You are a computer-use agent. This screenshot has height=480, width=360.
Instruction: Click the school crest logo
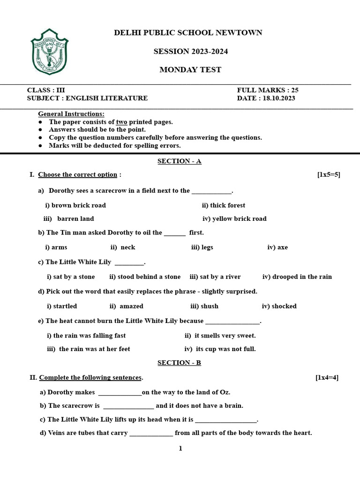50,51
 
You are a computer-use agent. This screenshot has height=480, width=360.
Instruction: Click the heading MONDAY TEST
190,70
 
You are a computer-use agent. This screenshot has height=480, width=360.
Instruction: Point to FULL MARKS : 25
268,90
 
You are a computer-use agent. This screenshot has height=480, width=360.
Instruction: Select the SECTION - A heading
179,161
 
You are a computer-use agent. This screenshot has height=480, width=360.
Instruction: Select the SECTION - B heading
179,363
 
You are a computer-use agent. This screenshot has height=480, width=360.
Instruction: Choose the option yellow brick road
239,218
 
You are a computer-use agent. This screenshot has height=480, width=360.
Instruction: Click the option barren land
75,218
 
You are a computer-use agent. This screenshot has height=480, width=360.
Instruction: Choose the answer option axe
282,247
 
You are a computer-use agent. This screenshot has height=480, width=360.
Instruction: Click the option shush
209,306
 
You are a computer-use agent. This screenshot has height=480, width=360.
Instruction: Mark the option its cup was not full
225,349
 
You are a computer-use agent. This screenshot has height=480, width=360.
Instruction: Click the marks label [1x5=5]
329,175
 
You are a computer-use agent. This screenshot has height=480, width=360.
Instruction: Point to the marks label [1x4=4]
327,377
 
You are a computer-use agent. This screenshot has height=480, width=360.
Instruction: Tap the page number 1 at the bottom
180,449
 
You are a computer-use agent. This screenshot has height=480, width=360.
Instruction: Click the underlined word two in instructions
121,122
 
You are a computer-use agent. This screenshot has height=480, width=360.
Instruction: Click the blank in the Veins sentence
151,434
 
